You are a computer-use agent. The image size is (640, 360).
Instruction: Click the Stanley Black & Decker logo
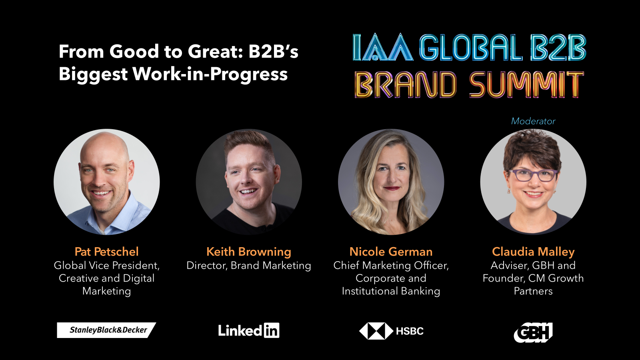pyautogui.click(x=106, y=330)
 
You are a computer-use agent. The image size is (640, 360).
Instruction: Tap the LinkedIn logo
pyautogui.click(x=248, y=330)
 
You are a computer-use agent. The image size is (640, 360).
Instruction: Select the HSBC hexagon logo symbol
pyautogui.click(x=376, y=331)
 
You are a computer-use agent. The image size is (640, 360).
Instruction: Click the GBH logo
pyautogui.click(x=533, y=332)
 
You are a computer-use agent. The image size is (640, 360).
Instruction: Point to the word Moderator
pyautogui.click(x=533, y=121)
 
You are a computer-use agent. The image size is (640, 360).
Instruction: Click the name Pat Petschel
pyautogui.click(x=106, y=252)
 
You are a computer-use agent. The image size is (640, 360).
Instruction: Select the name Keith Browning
pyautogui.click(x=248, y=252)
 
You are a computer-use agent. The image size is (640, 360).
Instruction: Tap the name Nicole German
pyautogui.click(x=391, y=252)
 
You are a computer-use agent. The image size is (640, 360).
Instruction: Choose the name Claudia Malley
pyautogui.click(x=533, y=252)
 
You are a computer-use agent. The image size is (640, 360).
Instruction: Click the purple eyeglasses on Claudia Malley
pyautogui.click(x=533, y=175)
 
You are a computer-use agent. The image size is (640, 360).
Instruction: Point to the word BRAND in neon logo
pyautogui.click(x=406, y=84)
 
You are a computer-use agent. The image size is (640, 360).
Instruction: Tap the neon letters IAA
pyautogui.click(x=383, y=47)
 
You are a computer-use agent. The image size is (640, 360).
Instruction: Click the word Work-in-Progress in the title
pyautogui.click(x=210, y=74)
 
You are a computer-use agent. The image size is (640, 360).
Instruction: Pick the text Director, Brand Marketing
pyautogui.click(x=248, y=266)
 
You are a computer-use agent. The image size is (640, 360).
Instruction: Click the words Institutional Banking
pyautogui.click(x=391, y=291)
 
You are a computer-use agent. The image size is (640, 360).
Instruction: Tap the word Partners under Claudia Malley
pyautogui.click(x=533, y=291)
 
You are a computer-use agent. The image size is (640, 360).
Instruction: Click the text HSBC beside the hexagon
pyautogui.click(x=410, y=331)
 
